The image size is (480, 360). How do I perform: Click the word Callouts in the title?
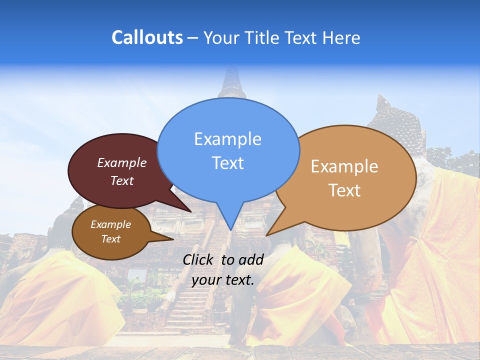pyautogui.click(x=147, y=37)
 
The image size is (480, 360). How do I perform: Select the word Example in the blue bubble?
pyautogui.click(x=227, y=138)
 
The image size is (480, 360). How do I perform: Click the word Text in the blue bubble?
pyautogui.click(x=227, y=162)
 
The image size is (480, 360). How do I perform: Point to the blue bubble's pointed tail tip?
pyautogui.click(x=230, y=230)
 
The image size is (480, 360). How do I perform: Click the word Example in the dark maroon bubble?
pyautogui.click(x=121, y=162)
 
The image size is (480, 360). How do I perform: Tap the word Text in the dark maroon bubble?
pyautogui.click(x=121, y=180)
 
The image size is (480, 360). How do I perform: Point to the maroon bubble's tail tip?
pyautogui.click(x=191, y=211)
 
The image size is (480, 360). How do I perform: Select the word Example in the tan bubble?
pyautogui.click(x=344, y=166)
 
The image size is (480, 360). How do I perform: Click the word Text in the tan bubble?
pyautogui.click(x=344, y=190)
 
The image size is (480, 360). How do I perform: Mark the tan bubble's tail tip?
pyautogui.click(x=266, y=235)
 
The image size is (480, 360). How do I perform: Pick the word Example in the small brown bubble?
pyautogui.click(x=110, y=224)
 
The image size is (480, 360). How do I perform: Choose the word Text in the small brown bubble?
pyautogui.click(x=110, y=239)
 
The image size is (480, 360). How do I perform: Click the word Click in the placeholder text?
pyautogui.click(x=199, y=259)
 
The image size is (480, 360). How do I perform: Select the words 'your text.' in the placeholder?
pyautogui.click(x=222, y=280)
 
